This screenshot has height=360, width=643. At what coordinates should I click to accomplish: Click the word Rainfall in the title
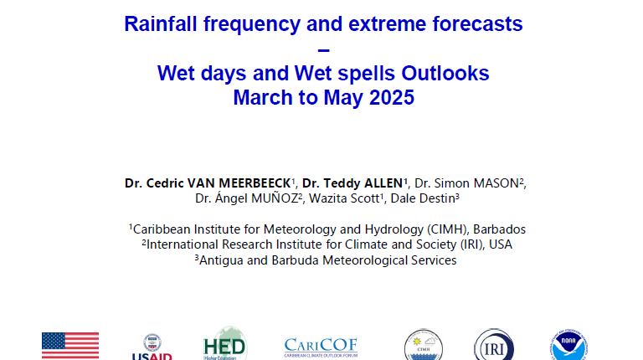point(161,23)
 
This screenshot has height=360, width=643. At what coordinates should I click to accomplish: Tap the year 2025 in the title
point(392,98)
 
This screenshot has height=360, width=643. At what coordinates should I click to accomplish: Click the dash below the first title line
point(323,50)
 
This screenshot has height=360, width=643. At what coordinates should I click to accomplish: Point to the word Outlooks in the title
point(445,74)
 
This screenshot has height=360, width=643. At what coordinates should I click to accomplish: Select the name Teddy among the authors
point(342,183)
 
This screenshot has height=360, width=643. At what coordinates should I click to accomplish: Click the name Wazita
point(326,198)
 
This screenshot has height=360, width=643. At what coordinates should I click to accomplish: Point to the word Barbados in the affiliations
point(499,229)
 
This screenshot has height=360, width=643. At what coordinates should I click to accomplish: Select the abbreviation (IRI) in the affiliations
point(472,244)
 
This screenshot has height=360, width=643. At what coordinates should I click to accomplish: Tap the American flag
point(70,346)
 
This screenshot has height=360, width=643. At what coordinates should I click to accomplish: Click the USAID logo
point(152,347)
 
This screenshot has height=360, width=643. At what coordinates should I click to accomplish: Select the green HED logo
point(224,343)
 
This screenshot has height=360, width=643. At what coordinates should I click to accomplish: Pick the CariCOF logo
point(321,347)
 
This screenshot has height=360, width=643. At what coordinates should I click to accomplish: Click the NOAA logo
point(568,345)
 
